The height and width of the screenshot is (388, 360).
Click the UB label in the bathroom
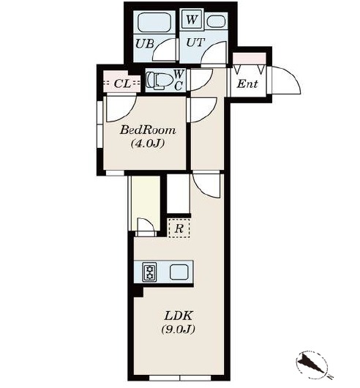145,44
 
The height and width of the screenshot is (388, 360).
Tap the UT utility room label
195,42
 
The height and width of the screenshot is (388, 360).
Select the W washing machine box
192,20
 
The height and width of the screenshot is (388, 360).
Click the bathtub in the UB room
154,22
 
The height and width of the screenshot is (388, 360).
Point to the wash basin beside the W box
216,21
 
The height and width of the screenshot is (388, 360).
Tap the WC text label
179,80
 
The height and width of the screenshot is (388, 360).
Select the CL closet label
122,84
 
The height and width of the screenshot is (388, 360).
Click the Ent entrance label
247,84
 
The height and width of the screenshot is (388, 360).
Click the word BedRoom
148,130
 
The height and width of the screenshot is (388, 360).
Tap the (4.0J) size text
148,143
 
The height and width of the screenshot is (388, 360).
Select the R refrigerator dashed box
179,228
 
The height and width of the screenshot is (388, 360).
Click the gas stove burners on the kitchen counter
149,272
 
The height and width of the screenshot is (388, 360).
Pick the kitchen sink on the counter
179,272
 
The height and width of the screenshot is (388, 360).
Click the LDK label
179,316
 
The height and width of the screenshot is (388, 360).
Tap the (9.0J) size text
179,329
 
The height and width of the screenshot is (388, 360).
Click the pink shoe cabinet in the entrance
250,59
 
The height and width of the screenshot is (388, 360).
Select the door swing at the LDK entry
206,185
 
